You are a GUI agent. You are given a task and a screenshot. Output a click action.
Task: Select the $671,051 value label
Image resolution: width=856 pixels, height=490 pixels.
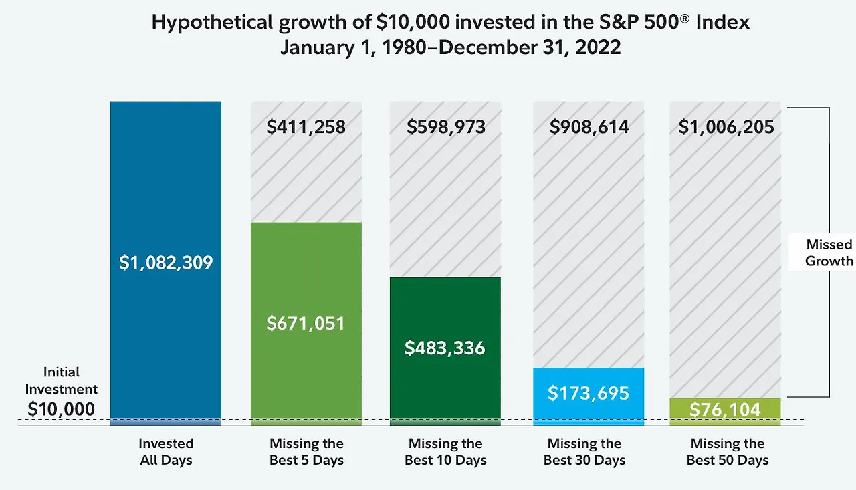click(x=306, y=324)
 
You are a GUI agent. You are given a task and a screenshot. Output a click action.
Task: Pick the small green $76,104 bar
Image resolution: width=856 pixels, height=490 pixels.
click(x=725, y=409)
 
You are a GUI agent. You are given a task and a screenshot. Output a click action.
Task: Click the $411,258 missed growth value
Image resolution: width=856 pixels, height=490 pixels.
click(x=306, y=127)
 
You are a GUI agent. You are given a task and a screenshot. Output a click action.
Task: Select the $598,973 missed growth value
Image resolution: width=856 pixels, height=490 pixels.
click(x=446, y=127)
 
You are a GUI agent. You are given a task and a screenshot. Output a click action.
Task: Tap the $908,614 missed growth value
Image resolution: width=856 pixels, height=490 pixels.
click(x=589, y=127)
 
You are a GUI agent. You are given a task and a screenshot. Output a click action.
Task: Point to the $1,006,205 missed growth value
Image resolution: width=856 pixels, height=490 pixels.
click(x=726, y=127)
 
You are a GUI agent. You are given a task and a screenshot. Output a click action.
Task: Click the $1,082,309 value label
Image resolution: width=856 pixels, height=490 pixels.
click(x=166, y=263)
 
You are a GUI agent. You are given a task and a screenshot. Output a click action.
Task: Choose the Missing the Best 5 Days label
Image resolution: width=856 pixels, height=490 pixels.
click(x=306, y=452)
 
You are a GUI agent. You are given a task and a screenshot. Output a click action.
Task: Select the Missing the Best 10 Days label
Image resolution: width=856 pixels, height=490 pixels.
click(x=445, y=452)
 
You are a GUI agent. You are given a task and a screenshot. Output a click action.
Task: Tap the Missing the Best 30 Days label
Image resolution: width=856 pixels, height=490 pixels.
click(x=584, y=452)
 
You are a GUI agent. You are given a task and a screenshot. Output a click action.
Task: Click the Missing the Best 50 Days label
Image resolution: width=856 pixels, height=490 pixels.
click(x=728, y=452)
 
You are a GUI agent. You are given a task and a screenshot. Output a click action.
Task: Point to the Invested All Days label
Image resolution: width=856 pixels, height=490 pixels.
click(x=166, y=452)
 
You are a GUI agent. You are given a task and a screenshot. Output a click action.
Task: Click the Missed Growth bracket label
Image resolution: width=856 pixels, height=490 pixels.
click(x=829, y=253)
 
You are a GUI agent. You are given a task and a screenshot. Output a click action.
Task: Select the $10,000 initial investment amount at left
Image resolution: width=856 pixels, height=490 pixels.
click(x=61, y=409)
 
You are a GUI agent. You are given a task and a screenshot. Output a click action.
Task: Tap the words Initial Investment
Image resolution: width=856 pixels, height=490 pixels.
click(x=62, y=380)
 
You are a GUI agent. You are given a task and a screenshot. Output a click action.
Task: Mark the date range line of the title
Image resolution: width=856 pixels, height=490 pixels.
click(x=450, y=48)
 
